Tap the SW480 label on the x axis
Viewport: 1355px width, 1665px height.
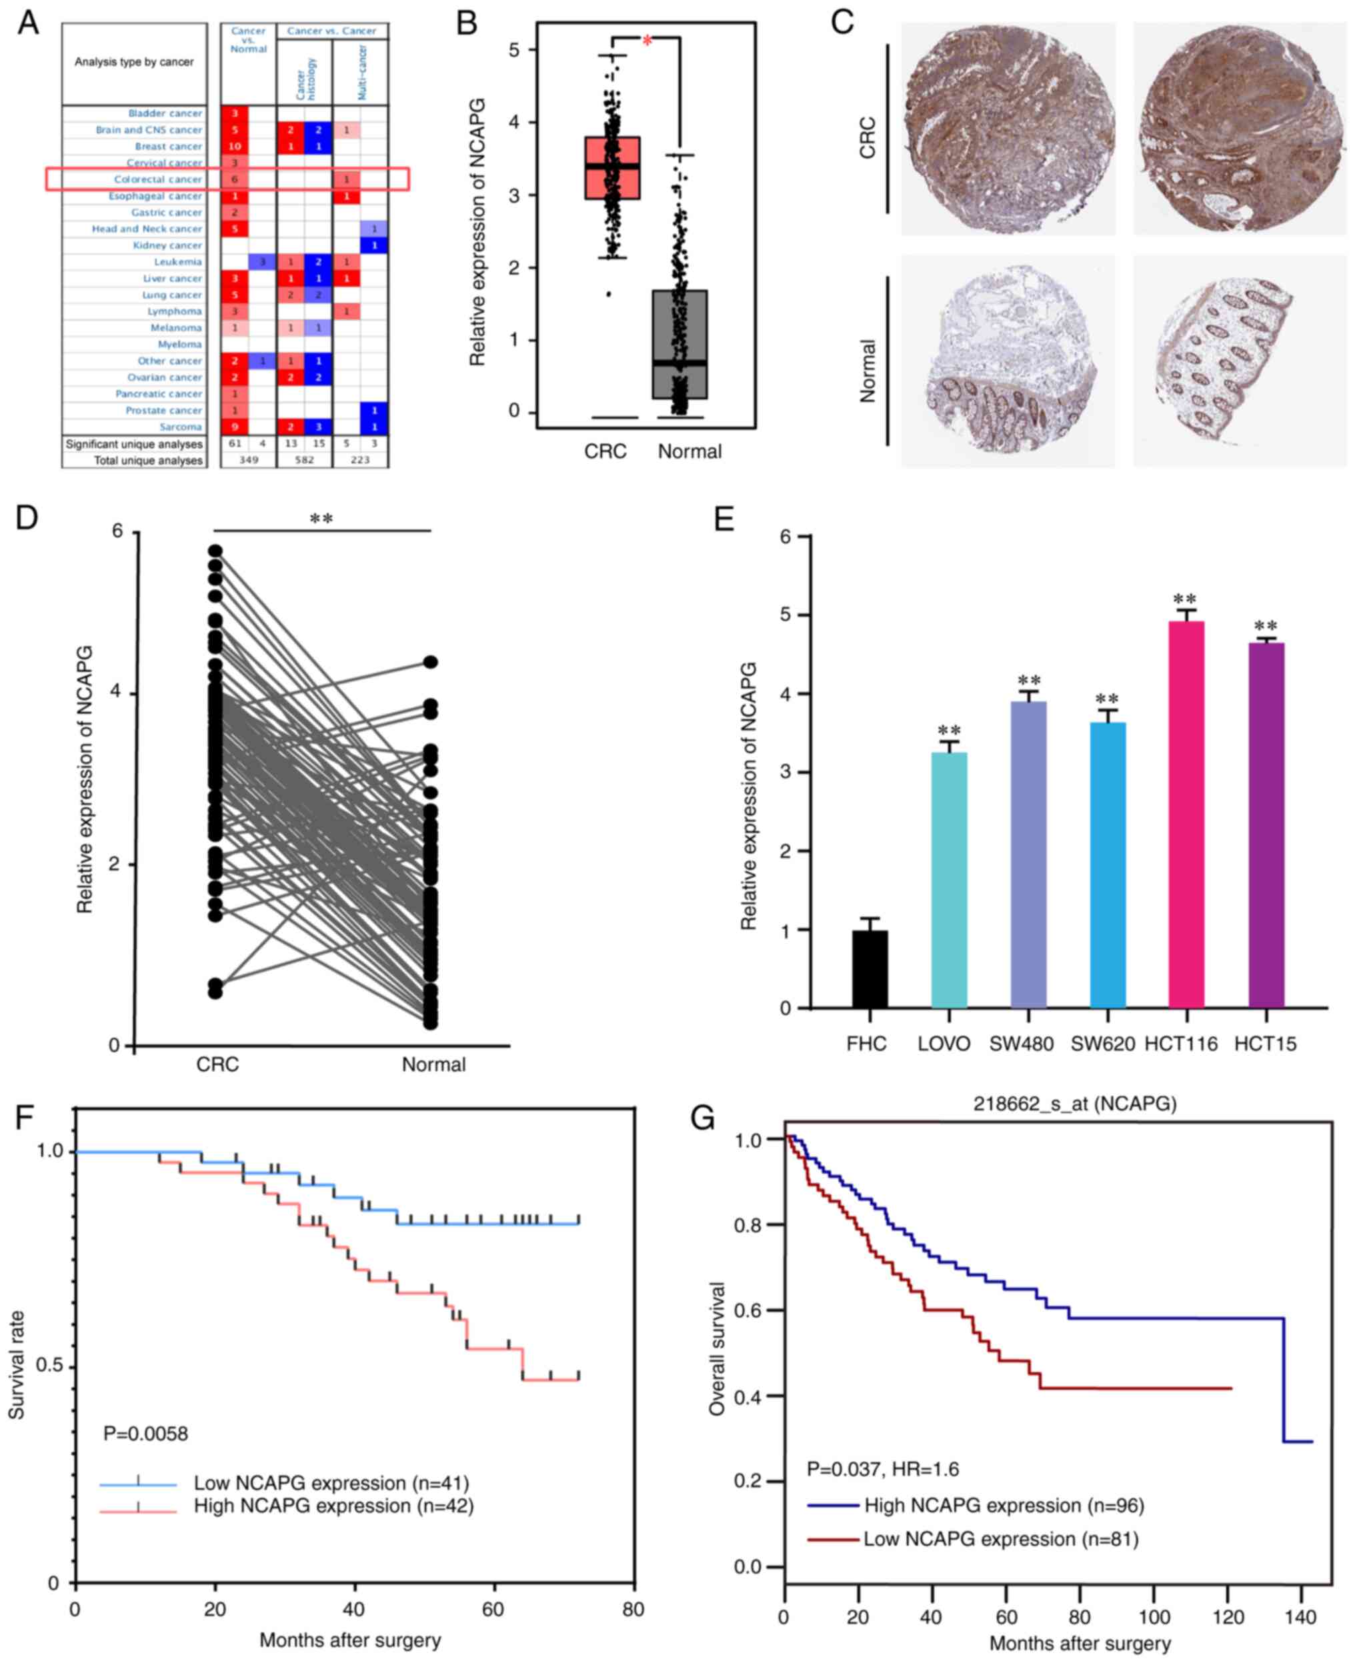tap(1021, 1044)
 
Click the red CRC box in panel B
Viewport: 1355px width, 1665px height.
tap(613, 168)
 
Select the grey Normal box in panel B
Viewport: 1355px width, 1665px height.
tap(680, 343)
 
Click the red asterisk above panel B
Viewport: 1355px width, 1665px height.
tap(647, 41)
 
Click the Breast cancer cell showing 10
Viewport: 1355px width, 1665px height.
tap(234, 147)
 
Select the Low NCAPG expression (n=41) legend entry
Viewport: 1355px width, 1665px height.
tap(331, 1483)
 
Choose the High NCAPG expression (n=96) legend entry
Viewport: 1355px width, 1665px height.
tap(1004, 1506)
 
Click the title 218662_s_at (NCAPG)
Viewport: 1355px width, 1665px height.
tap(1074, 1103)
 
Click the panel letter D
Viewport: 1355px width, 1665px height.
tap(27, 517)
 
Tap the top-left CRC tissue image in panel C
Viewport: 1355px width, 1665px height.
tap(1008, 129)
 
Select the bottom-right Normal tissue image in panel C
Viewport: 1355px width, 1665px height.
tap(1239, 361)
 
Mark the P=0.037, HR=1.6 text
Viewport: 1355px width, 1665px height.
tap(883, 1469)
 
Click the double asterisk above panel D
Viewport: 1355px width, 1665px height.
tap(321, 519)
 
